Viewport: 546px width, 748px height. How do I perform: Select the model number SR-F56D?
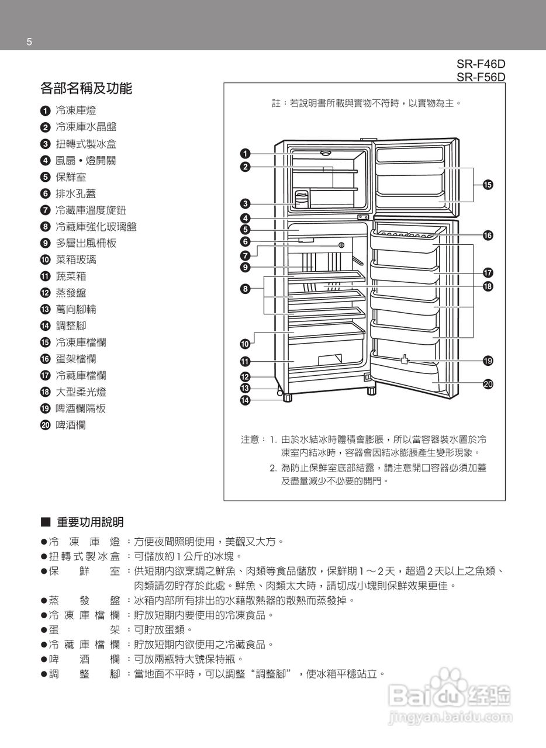[481, 77]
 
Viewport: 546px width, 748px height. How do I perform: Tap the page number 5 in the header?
[29, 42]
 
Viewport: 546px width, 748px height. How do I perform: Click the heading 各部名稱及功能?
[86, 89]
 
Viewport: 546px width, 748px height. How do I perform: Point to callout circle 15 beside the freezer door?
[487, 185]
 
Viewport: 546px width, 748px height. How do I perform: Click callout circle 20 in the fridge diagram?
[488, 384]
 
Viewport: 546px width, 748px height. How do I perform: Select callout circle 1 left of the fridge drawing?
[246, 154]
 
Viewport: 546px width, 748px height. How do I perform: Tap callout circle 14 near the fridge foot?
[246, 400]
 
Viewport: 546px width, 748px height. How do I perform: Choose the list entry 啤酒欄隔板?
[81, 408]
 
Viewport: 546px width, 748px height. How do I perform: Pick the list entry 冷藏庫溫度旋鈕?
[91, 210]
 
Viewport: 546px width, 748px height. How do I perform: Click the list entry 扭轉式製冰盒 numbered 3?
[85, 144]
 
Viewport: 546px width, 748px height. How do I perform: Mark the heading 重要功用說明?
[90, 522]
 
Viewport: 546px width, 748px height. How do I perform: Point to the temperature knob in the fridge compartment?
[341, 245]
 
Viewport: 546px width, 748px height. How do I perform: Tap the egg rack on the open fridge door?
[403, 235]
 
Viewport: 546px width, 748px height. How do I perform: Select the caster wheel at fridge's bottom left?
[279, 390]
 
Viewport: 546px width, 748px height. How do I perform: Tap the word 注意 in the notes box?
[250, 439]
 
